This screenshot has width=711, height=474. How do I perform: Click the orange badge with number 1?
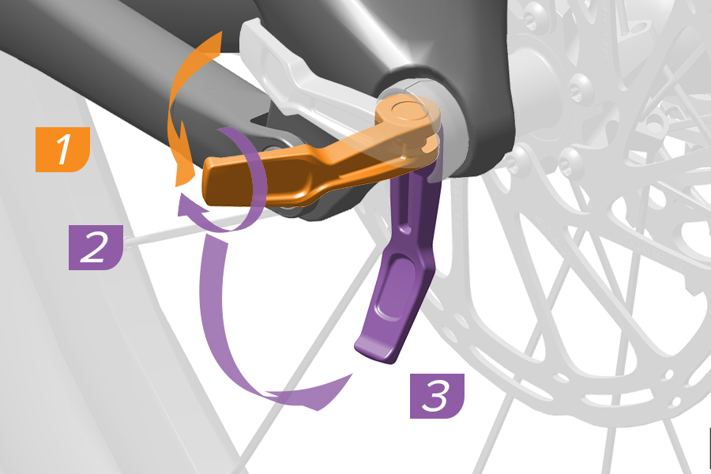pos(62,149)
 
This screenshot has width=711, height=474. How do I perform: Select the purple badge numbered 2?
pos(96,247)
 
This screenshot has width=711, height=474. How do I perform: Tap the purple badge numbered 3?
pos(437,396)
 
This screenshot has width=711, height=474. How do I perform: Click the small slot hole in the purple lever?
pos(405,228)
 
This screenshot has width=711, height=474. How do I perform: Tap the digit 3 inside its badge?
pos(436,396)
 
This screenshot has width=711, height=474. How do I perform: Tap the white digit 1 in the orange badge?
pos(63,149)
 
